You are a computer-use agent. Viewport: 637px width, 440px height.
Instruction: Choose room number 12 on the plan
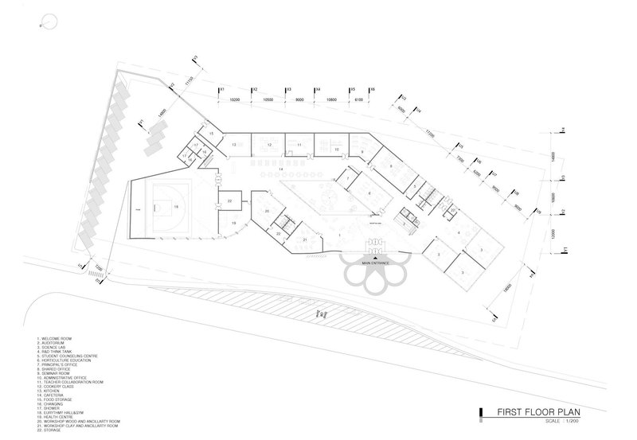click(270, 145)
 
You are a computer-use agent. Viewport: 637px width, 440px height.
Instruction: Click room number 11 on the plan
click(299, 144)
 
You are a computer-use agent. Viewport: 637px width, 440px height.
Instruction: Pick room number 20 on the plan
click(268, 210)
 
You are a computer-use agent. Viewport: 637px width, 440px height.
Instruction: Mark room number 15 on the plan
click(211, 134)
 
